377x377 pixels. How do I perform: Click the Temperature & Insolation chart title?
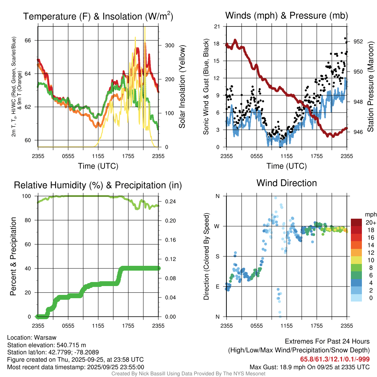pyautogui.click(x=98, y=16)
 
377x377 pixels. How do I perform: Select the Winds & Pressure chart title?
pyautogui.click(x=286, y=15)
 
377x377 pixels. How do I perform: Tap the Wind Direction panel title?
pyautogui.click(x=286, y=183)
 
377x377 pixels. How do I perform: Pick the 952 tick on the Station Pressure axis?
pyautogui.click(x=358, y=42)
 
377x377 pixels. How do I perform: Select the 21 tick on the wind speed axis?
pyautogui.click(x=217, y=27)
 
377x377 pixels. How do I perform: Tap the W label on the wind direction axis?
pyautogui.click(x=217, y=226)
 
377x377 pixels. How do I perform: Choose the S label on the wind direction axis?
pyautogui.click(x=218, y=256)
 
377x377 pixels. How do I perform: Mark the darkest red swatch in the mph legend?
pyautogui.click(x=357, y=222)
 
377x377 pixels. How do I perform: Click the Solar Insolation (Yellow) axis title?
pyautogui.click(x=182, y=87)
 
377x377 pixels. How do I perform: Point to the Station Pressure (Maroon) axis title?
pyautogui.click(x=371, y=87)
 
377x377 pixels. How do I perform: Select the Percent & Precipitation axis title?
pyautogui.click(x=13, y=256)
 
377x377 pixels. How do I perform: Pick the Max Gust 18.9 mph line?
pyautogui.click(x=310, y=367)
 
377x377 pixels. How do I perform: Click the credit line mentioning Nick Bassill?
pyautogui.click(x=188, y=373)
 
